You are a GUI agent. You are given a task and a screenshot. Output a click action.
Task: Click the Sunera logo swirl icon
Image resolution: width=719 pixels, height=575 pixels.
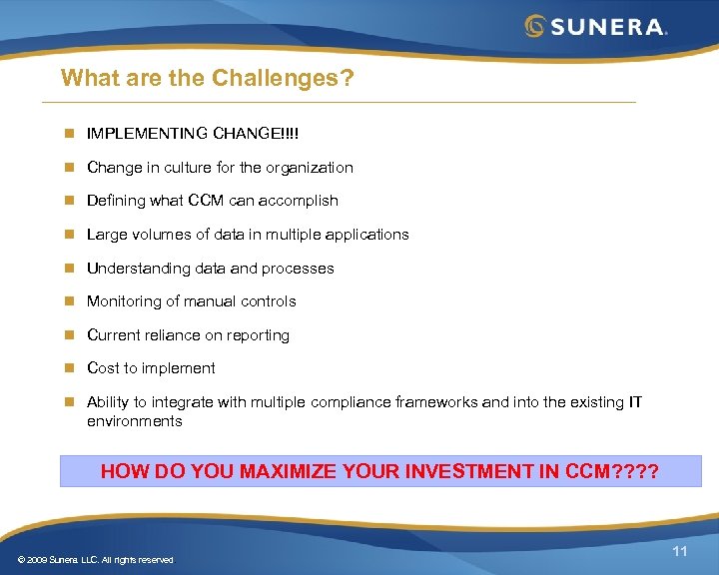click(x=535, y=26)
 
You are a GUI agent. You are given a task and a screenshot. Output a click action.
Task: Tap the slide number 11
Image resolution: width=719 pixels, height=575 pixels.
click(x=680, y=552)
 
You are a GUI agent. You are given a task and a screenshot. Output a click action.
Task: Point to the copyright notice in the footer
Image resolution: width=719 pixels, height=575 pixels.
click(x=95, y=560)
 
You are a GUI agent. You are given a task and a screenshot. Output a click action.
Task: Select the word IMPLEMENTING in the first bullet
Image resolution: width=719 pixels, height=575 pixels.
click(x=147, y=134)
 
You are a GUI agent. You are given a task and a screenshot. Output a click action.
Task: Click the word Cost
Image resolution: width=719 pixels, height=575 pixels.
click(x=103, y=368)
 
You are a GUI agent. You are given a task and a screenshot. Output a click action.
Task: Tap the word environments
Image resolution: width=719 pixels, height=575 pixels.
click(x=135, y=421)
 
